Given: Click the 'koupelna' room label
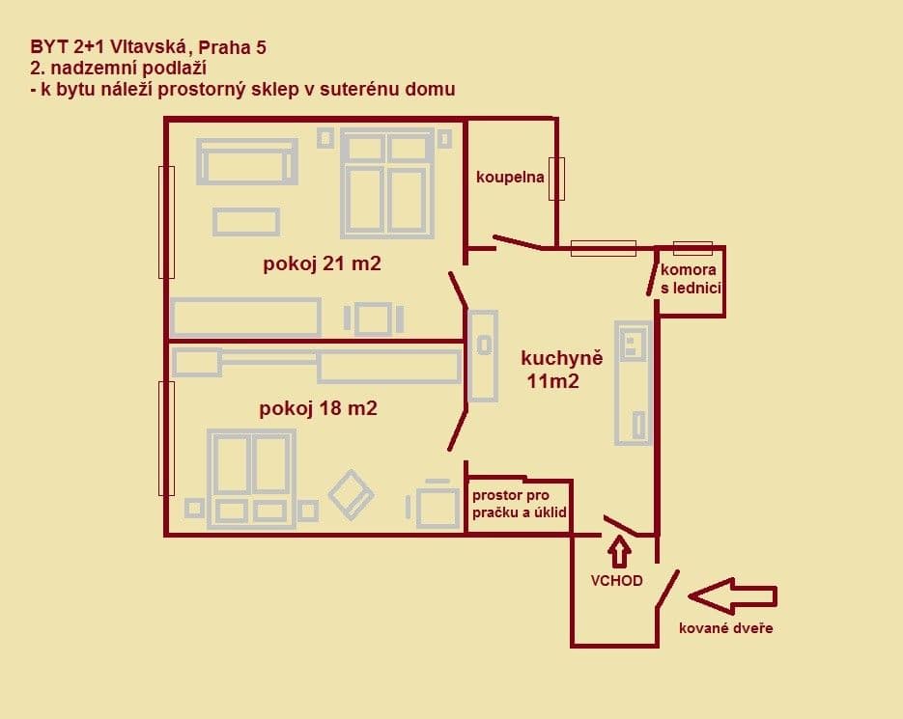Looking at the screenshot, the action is point(510,177).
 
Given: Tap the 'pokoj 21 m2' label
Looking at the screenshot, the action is point(322,263).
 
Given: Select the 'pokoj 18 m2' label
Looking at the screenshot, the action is point(318,408).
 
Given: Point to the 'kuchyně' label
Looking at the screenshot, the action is point(561,358).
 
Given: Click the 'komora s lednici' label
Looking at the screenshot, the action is point(690,279).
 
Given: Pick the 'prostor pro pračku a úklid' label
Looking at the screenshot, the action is point(520,504).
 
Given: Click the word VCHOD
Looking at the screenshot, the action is point(616,581).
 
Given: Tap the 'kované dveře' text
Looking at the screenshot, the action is point(725,628).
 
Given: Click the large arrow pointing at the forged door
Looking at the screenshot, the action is point(732,596).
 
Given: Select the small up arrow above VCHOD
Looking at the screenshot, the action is point(619,551).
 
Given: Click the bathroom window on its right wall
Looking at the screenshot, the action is point(556,179).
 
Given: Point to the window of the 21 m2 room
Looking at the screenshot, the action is point(166,222).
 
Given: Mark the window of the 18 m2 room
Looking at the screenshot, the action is point(166,438).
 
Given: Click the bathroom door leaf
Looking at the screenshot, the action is point(517,242).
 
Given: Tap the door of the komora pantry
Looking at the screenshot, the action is point(652,279).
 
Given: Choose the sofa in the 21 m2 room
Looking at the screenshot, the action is point(247,161).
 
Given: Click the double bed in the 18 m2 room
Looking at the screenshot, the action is point(251,479).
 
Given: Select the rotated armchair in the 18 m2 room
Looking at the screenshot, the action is point(351,494).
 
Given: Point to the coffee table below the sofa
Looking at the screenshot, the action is point(246,222).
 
